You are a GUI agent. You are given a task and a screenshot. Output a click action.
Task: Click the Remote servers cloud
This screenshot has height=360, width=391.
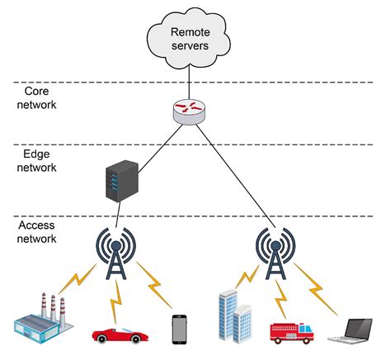[x=191, y=37]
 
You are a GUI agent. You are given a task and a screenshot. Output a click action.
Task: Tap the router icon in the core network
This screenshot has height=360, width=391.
[x=191, y=111]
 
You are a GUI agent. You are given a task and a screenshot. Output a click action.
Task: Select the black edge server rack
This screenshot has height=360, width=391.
[x=120, y=182]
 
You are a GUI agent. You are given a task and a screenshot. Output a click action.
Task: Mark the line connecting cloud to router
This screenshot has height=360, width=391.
[x=191, y=83]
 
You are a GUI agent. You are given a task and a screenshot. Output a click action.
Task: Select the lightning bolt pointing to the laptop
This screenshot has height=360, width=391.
[x=318, y=284]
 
